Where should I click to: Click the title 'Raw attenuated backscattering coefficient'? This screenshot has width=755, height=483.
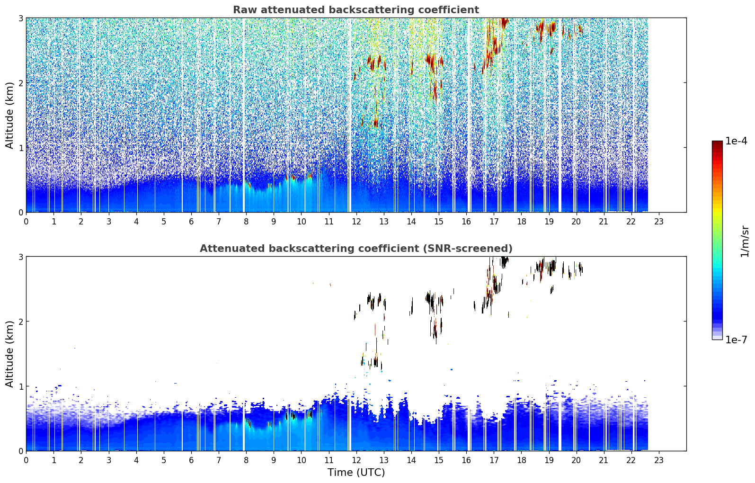click(x=356, y=10)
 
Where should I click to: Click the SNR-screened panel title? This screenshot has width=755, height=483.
click(x=356, y=249)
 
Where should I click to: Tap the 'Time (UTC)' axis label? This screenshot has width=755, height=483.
click(x=356, y=472)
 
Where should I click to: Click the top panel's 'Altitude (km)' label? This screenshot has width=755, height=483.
click(x=9, y=116)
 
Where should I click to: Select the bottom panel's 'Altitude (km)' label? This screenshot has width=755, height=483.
click(x=9, y=354)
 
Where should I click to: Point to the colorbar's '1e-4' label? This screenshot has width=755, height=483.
click(x=736, y=141)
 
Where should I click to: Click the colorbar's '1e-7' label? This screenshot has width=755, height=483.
click(x=736, y=340)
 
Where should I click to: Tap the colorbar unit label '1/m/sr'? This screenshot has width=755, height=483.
click(x=745, y=241)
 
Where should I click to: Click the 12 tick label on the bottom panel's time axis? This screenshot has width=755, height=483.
click(x=356, y=460)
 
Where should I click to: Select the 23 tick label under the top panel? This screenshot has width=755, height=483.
click(x=658, y=222)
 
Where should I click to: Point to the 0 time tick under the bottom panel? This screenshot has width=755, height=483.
click(x=27, y=460)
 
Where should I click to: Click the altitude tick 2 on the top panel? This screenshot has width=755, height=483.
click(x=20, y=83)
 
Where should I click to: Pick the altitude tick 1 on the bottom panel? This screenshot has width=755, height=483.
click(x=20, y=386)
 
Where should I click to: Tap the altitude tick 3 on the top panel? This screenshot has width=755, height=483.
click(x=20, y=18)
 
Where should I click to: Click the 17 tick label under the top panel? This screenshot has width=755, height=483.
click(x=494, y=222)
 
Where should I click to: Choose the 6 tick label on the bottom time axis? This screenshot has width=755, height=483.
click(x=191, y=460)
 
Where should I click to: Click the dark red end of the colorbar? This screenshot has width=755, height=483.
click(x=717, y=143)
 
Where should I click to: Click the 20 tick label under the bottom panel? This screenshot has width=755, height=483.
click(x=577, y=460)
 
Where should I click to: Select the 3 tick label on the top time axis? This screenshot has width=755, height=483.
click(x=109, y=222)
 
